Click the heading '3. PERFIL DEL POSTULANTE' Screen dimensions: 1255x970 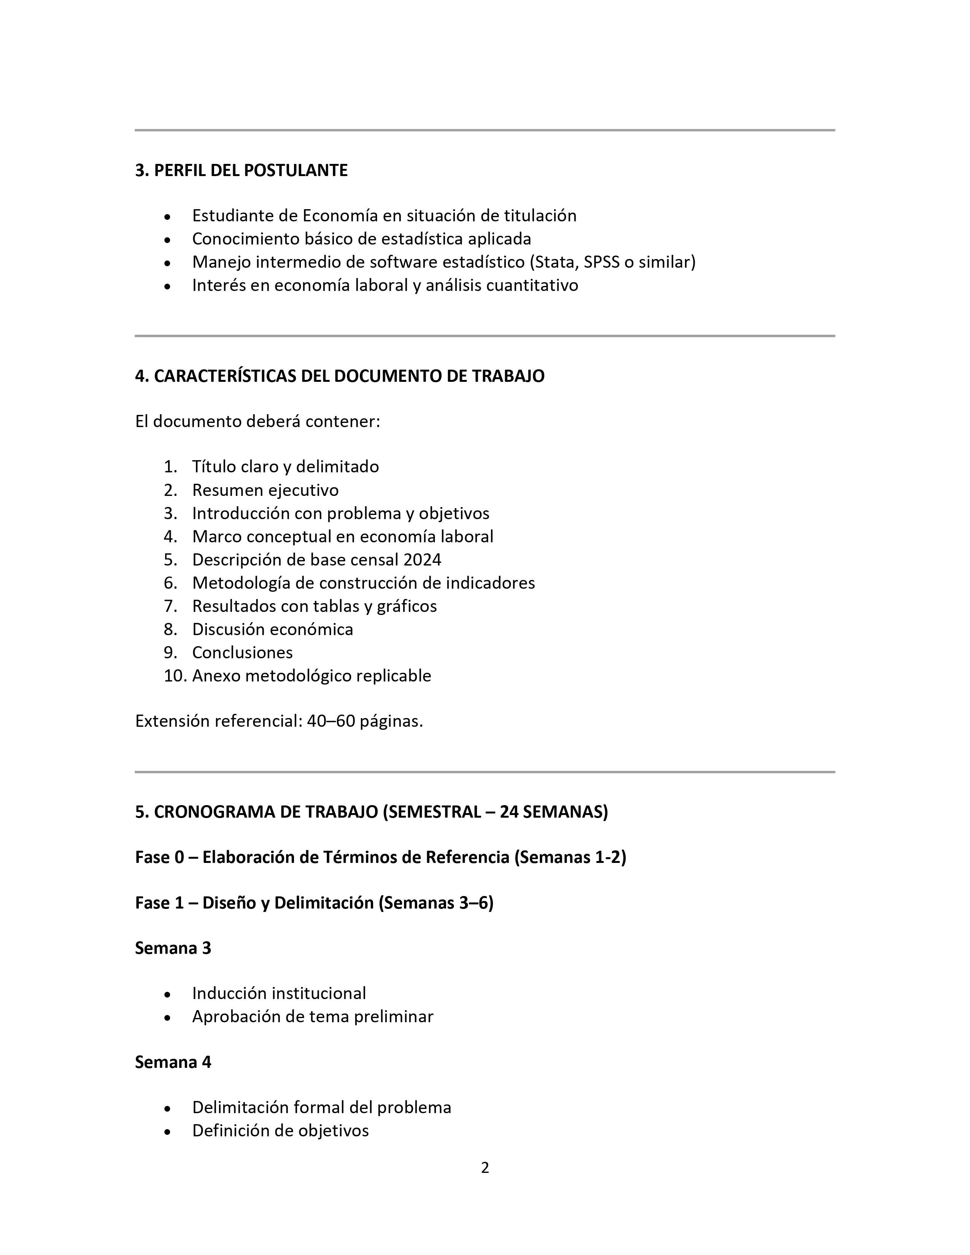click(x=241, y=171)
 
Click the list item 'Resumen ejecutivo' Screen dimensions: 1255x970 click(x=266, y=490)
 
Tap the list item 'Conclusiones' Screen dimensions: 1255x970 click(x=243, y=653)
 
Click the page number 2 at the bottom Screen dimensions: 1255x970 click(x=485, y=1168)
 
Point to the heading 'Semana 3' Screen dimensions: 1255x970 click(x=173, y=948)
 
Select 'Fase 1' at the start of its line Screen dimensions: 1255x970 click(x=159, y=903)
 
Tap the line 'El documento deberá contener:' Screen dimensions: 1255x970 click(x=258, y=422)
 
